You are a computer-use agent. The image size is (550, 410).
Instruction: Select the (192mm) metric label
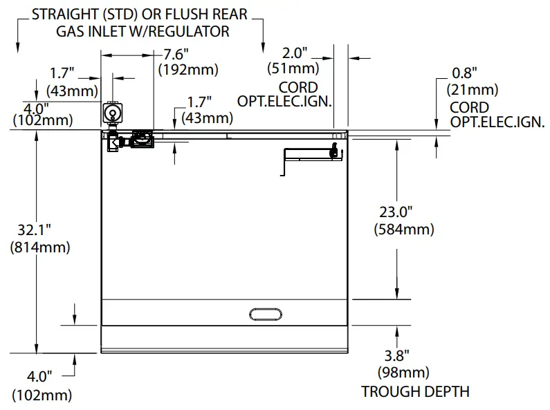coord(188,69)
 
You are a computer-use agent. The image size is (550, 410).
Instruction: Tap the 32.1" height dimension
coord(35,231)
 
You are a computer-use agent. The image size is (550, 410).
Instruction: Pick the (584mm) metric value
coord(404,229)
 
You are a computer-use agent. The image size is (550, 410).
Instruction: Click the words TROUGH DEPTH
coord(415,391)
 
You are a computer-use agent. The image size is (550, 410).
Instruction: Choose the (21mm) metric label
coord(473,89)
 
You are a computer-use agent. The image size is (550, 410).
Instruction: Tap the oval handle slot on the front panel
coord(266,314)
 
